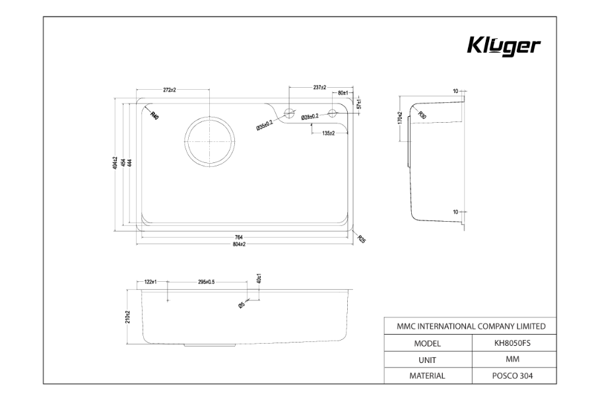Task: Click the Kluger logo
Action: pyautogui.click(x=504, y=46)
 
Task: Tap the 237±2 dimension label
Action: pyautogui.click(x=319, y=87)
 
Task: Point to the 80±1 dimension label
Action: pyautogui.click(x=343, y=93)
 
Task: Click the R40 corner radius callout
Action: pyautogui.click(x=153, y=115)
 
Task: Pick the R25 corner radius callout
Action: pyautogui.click(x=362, y=239)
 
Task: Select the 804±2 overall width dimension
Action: pyautogui.click(x=239, y=245)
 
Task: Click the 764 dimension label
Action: pyautogui.click(x=239, y=237)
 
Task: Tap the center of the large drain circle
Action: pyautogui.click(x=210, y=141)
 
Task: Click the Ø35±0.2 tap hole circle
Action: pyautogui.click(x=289, y=112)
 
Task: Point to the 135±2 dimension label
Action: pyautogui.click(x=328, y=133)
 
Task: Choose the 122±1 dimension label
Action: pyautogui.click(x=150, y=282)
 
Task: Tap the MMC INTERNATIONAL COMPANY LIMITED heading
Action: pyautogui.click(x=470, y=326)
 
